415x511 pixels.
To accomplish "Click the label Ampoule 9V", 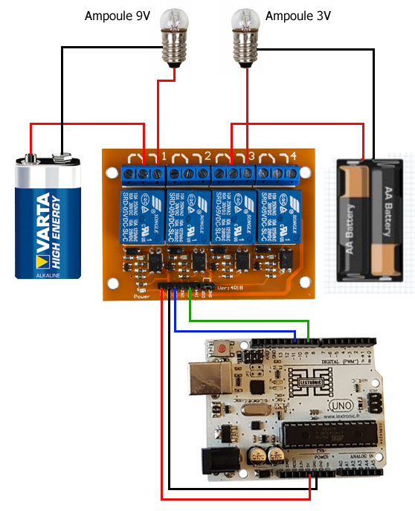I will click(118, 16).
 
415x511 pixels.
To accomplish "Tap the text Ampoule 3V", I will click(297, 16).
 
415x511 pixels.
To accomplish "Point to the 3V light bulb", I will click(246, 37).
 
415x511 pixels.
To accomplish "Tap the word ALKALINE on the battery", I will click(48, 274).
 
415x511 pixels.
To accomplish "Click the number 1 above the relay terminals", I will click(164, 156).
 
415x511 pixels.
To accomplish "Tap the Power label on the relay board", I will click(141, 296).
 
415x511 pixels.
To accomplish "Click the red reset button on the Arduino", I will click(221, 348).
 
